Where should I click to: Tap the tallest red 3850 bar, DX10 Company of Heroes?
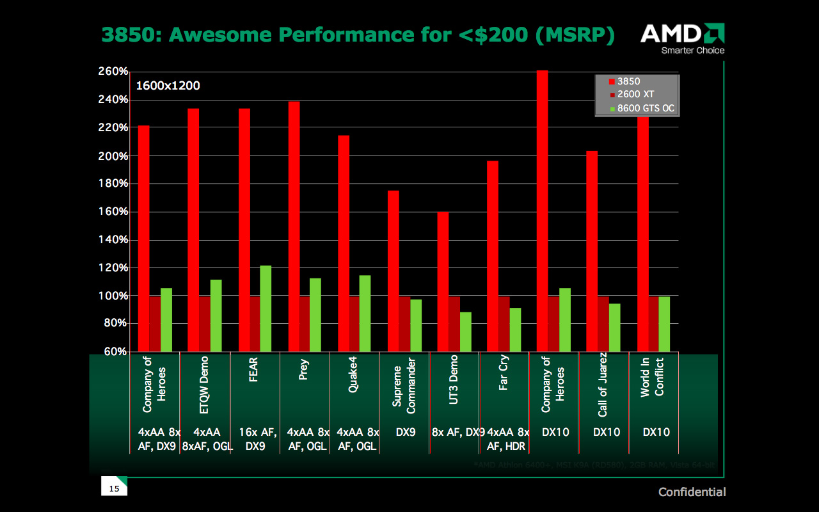click(542, 211)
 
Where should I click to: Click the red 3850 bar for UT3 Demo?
click(443, 282)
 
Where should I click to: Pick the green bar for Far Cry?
click(515, 330)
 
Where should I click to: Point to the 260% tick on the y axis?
click(113, 72)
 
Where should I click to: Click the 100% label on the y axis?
click(113, 296)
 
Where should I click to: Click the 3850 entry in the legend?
click(628, 82)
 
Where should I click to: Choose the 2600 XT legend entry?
click(634, 95)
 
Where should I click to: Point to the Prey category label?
click(304, 370)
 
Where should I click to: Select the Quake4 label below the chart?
click(353, 378)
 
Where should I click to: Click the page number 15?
click(115, 489)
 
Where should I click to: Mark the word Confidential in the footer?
click(692, 492)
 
